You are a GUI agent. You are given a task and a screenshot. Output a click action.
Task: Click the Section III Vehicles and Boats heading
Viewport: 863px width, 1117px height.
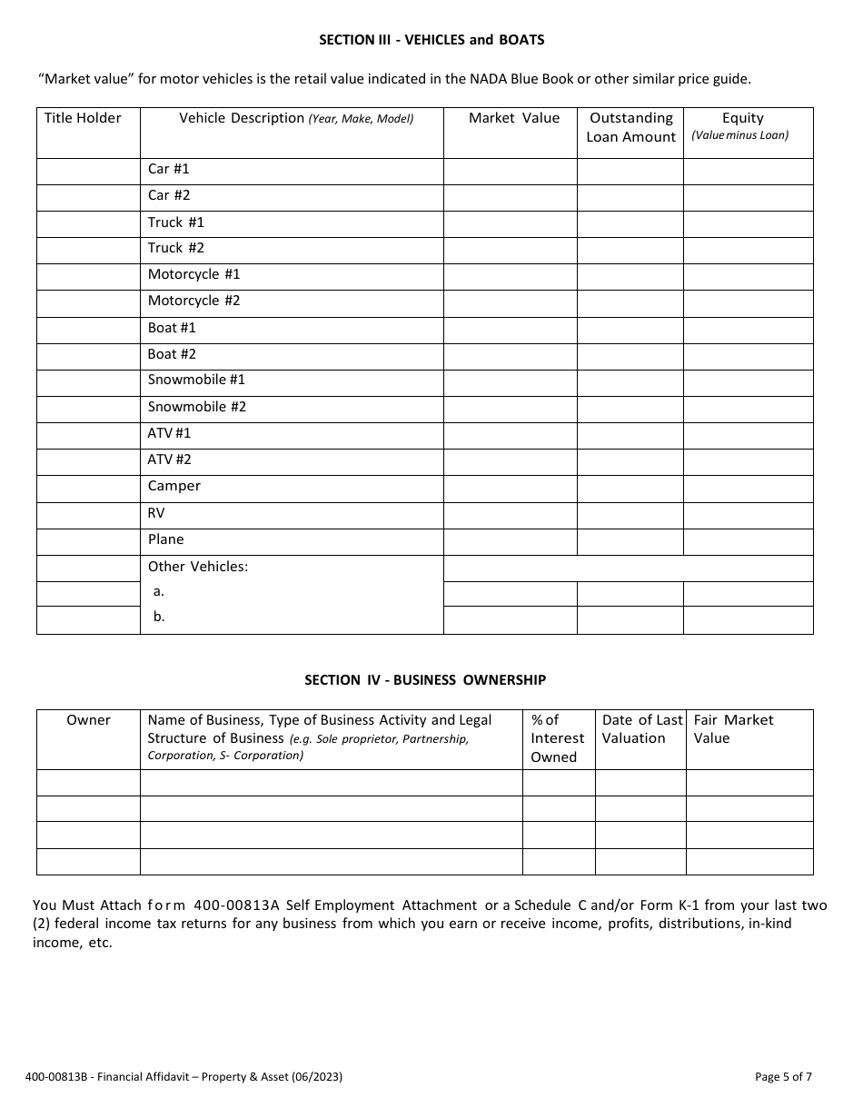click(431, 40)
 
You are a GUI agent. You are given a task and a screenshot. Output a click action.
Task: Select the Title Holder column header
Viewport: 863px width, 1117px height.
click(83, 118)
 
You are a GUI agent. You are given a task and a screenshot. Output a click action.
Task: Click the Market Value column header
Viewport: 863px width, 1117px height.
click(514, 118)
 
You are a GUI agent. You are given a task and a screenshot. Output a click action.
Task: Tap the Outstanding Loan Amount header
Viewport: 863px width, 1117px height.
click(630, 127)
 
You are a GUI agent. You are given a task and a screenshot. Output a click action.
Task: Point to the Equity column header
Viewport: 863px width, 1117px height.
click(742, 125)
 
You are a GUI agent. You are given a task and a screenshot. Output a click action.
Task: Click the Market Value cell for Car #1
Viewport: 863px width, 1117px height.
click(510, 172)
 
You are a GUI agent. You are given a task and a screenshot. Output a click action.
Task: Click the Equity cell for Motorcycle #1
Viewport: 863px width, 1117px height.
click(748, 276)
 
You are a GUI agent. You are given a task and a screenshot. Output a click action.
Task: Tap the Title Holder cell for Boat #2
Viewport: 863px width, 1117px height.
click(88, 356)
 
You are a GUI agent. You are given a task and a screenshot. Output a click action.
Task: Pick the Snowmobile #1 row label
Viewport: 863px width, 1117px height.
click(196, 380)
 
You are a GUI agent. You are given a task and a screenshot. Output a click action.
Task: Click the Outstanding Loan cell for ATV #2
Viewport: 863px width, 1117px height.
click(630, 462)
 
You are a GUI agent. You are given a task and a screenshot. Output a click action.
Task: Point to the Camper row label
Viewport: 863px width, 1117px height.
click(174, 486)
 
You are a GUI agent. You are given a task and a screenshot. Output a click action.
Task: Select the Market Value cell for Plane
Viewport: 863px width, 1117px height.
click(510, 542)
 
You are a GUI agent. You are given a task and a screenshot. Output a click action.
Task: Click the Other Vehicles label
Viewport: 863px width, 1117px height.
click(198, 567)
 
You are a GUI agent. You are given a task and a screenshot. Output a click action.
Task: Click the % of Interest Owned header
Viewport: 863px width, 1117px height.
click(557, 738)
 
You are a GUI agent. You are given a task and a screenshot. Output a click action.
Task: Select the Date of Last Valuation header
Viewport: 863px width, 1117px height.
click(640, 729)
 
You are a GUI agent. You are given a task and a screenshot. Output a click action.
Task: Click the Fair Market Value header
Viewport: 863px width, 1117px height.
click(733, 729)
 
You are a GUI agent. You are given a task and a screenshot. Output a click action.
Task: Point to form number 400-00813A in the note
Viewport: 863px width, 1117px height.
click(240, 905)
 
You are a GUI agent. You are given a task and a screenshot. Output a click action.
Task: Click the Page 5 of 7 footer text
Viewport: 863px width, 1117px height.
click(783, 1077)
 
